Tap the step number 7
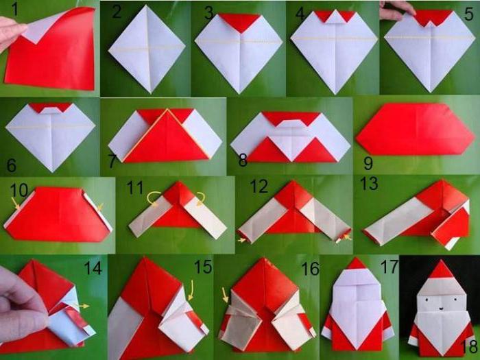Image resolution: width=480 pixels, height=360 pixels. coord(112,161)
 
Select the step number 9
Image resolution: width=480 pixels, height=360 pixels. coord(368,163)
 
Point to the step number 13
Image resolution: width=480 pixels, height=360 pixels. coord(369,184)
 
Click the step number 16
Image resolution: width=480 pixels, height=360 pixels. coord(311,269)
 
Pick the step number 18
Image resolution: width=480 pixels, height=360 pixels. coord(468,346)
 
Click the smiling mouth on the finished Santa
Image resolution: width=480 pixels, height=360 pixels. coord(442,309)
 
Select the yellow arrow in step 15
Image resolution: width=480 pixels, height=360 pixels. coord(191,289)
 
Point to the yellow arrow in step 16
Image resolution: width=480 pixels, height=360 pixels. coord(225,295)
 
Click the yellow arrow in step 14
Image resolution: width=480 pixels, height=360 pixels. coord(83,306)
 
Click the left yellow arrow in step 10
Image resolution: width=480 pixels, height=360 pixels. coord(15,204)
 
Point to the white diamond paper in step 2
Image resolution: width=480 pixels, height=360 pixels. coord(147,49)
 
